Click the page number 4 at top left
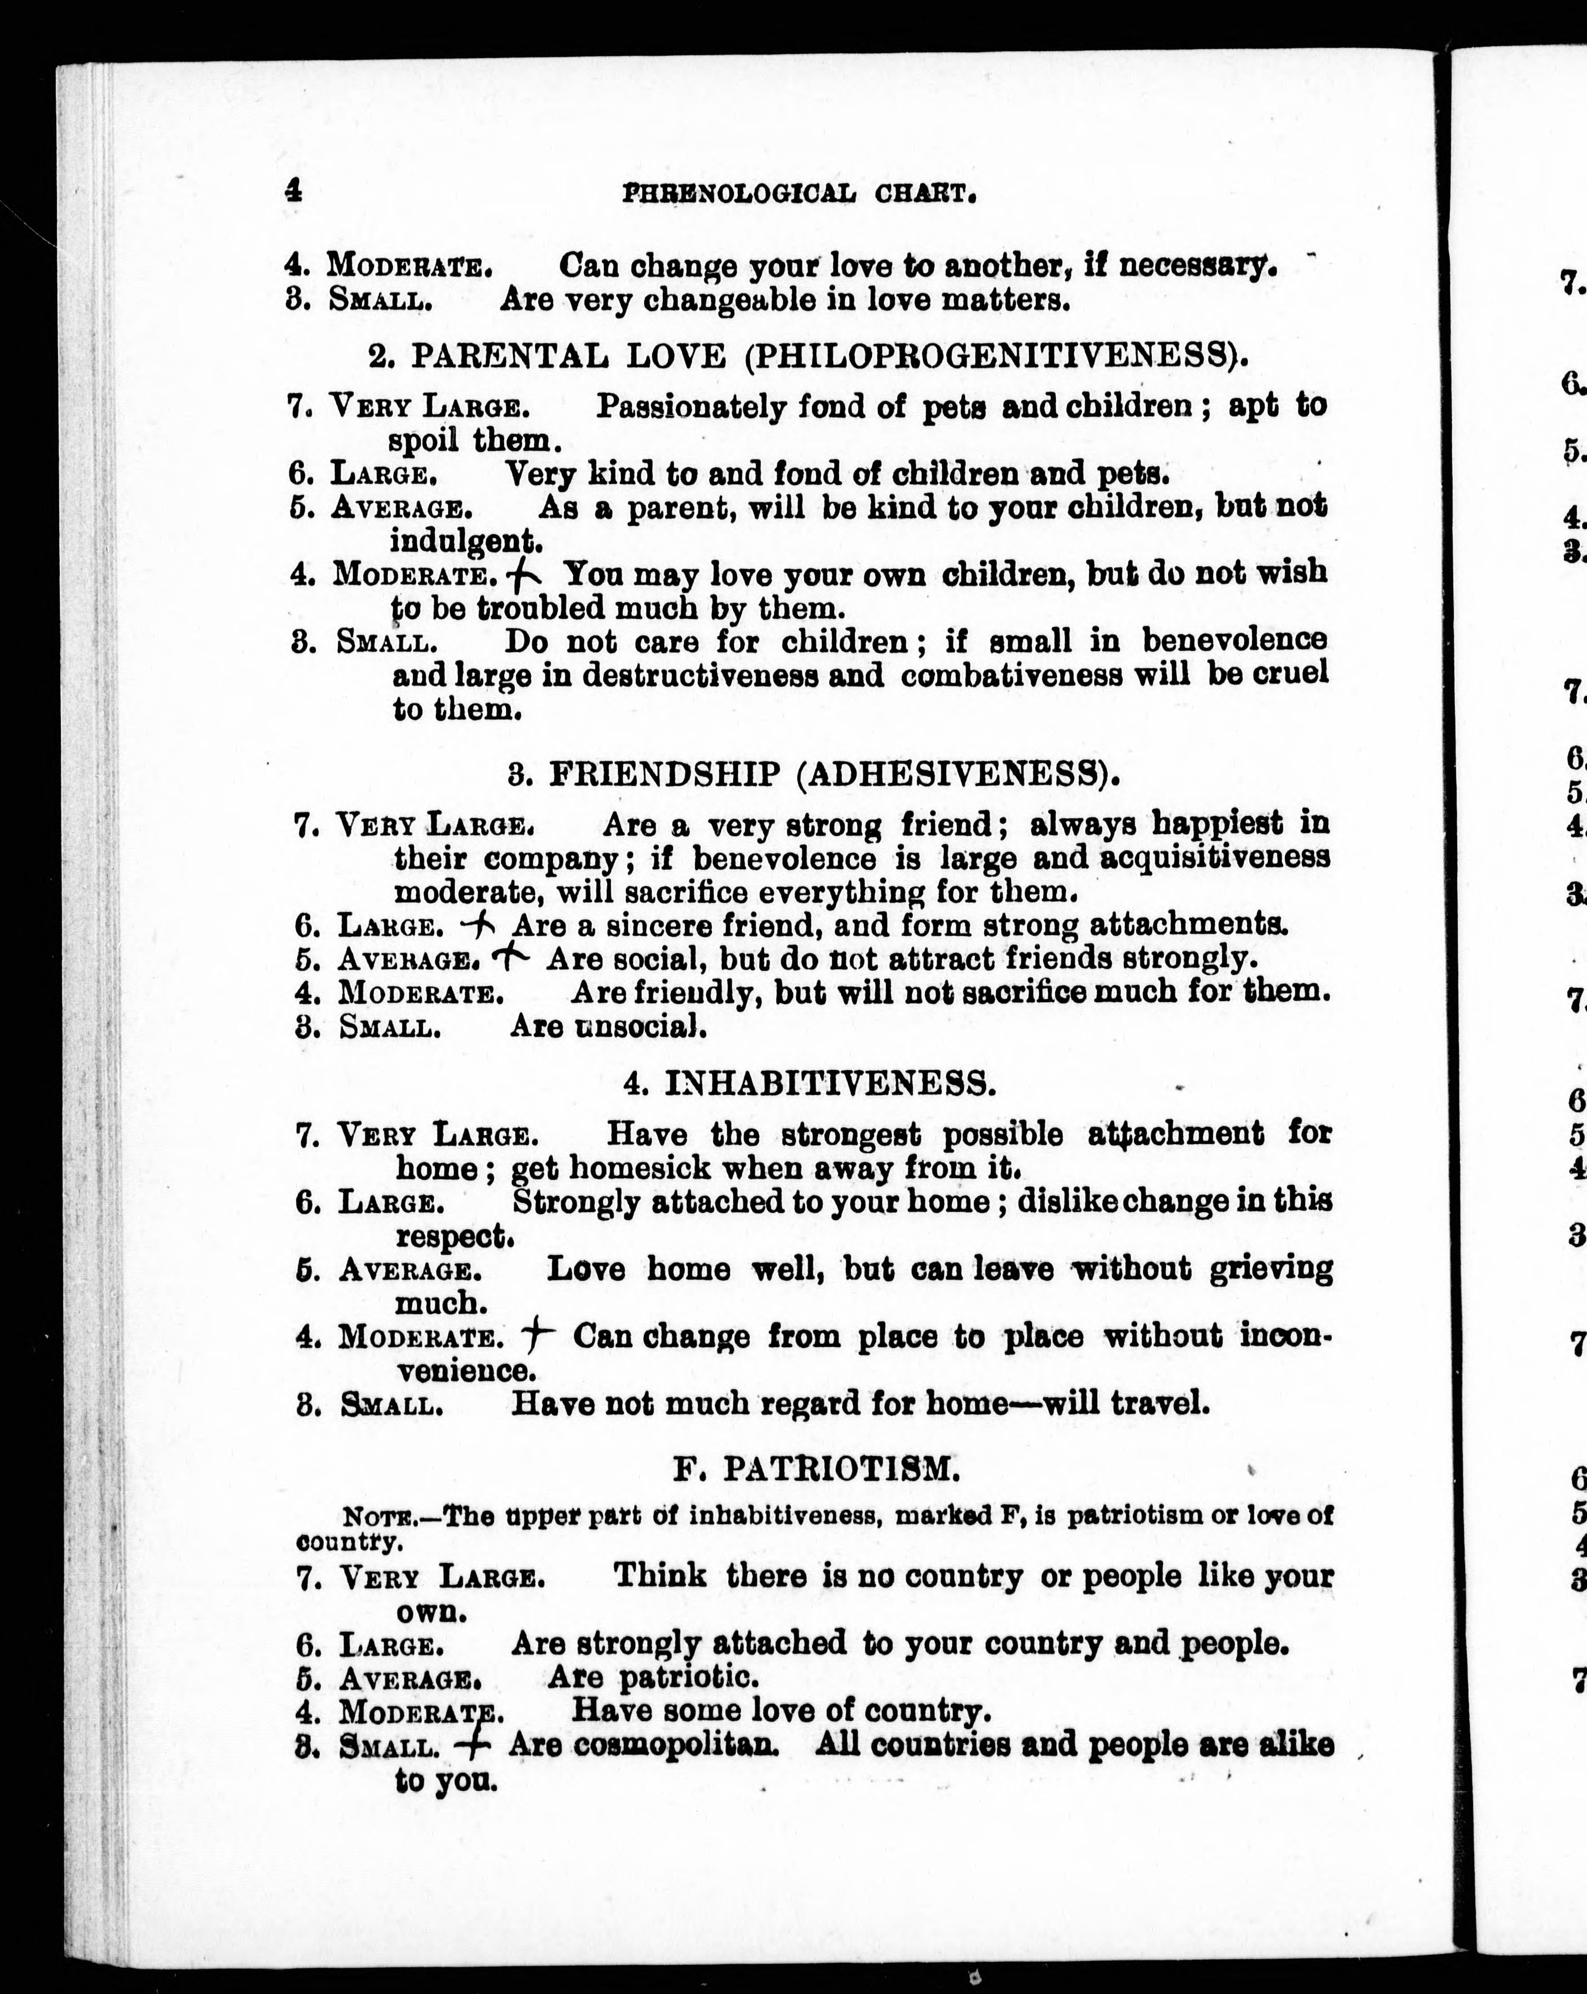coord(293,191)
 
